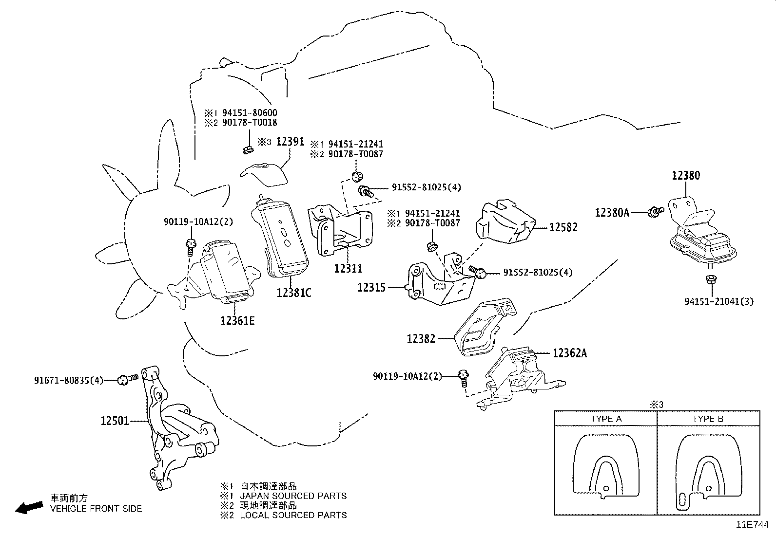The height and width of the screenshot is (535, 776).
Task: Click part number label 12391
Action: click(290, 142)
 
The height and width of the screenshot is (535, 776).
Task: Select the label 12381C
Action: click(293, 293)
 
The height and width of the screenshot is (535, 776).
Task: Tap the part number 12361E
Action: click(237, 320)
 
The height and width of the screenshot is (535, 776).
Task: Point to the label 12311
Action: click(348, 268)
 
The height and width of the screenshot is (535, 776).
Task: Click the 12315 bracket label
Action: click(371, 287)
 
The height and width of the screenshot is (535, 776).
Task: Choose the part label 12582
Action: click(563, 227)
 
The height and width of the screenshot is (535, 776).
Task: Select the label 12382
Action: click(421, 338)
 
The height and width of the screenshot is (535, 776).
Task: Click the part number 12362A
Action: click(569, 353)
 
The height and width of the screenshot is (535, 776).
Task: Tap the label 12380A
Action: click(612, 212)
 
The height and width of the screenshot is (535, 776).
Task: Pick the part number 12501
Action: click(115, 420)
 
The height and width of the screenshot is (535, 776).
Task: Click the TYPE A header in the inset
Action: click(606, 419)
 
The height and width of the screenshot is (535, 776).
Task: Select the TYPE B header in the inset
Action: click(707, 419)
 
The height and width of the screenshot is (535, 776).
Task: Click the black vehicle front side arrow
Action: click(29, 508)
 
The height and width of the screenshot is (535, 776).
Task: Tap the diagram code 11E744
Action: click(752, 525)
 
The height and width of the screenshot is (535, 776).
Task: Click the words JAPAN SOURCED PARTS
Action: click(293, 496)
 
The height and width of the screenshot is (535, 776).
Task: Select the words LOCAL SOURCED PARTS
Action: click(293, 515)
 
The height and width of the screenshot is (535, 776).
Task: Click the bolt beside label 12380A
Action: click(655, 211)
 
